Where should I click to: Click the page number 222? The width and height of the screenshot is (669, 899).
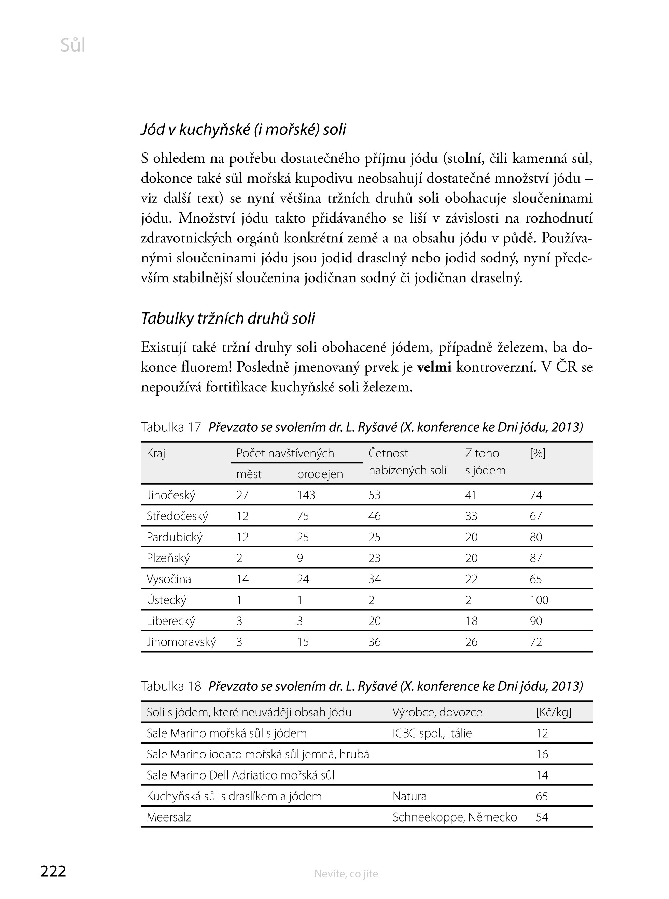click(53, 871)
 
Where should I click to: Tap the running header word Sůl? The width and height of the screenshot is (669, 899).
click(73, 45)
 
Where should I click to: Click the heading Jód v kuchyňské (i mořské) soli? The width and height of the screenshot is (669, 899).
click(243, 130)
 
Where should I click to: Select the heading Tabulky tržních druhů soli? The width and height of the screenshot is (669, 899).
click(228, 318)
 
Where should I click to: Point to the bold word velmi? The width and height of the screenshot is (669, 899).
click(434, 368)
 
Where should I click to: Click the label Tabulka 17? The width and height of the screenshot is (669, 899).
click(171, 427)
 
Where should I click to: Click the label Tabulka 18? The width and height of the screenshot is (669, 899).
click(171, 686)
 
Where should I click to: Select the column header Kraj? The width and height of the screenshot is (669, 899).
click(156, 453)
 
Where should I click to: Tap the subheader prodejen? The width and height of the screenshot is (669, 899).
click(320, 474)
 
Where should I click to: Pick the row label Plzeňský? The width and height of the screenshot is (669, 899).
click(168, 558)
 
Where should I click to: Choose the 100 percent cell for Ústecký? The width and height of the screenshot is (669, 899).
click(539, 600)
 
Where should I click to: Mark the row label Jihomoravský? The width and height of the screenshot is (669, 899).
click(181, 642)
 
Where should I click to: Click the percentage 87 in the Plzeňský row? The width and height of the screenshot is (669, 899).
click(536, 558)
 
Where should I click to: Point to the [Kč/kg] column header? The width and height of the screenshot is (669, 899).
click(554, 712)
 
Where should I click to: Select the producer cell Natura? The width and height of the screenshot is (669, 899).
click(409, 797)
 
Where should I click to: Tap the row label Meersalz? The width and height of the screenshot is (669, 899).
click(169, 817)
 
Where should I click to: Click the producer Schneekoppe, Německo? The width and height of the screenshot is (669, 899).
click(455, 817)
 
